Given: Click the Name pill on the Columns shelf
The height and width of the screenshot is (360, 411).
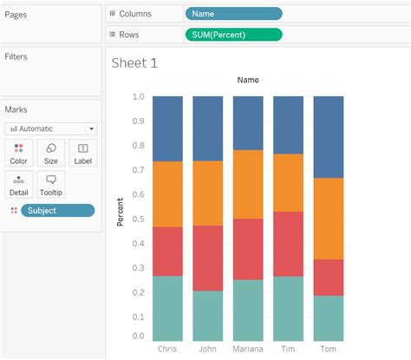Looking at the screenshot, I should pyautogui.click(x=233, y=14).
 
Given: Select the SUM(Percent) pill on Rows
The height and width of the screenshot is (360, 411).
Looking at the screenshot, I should pyautogui.click(x=233, y=35).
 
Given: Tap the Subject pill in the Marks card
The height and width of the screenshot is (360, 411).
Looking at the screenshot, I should pyautogui.click(x=58, y=211).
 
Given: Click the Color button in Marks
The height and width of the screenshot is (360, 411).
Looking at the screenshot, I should pyautogui.click(x=18, y=154).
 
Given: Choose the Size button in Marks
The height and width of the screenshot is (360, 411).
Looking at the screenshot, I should pyautogui.click(x=51, y=154).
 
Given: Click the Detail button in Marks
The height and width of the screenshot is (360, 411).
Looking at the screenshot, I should pyautogui.click(x=18, y=184).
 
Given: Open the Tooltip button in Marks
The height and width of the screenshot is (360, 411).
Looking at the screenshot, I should pyautogui.click(x=51, y=184).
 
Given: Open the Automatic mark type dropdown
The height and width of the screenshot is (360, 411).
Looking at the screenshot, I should pyautogui.click(x=50, y=128).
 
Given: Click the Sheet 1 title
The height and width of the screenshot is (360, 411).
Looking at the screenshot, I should pyautogui.click(x=135, y=62).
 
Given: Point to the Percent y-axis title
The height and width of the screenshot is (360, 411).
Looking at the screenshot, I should pyautogui.click(x=121, y=213).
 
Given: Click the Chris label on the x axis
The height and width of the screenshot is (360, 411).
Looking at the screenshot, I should pyautogui.click(x=168, y=349).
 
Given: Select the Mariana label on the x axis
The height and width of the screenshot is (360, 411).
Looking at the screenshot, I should pyautogui.click(x=248, y=349).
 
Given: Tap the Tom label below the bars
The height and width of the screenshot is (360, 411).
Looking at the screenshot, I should pyautogui.click(x=328, y=349).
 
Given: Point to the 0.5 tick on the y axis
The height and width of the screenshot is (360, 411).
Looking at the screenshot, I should pyautogui.click(x=139, y=217).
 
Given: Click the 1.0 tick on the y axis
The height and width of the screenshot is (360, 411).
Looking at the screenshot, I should pyautogui.click(x=139, y=96).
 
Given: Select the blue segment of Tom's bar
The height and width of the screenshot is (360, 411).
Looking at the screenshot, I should pyautogui.click(x=328, y=136).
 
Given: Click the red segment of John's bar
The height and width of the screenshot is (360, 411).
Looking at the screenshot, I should pyautogui.click(x=208, y=258).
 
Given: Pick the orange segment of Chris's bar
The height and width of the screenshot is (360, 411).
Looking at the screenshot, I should pyautogui.click(x=168, y=194).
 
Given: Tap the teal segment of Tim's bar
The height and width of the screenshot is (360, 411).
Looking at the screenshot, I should pyautogui.click(x=288, y=308).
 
